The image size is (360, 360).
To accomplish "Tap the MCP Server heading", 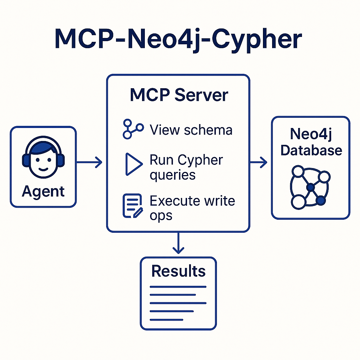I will click(x=179, y=95).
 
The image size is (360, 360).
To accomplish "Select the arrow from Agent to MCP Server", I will click(x=89, y=162).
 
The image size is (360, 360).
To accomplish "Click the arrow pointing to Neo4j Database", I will click(x=258, y=162).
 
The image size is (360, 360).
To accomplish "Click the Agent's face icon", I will click(x=43, y=160).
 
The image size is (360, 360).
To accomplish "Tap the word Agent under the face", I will click(x=43, y=192).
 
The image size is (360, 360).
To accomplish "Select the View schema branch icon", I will click(x=133, y=129).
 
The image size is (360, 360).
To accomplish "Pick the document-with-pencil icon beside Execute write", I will click(x=133, y=206).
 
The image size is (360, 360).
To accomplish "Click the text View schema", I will click(x=191, y=130).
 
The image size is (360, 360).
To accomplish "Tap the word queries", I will click(x=172, y=175).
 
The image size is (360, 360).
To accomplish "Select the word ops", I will click(x=161, y=215).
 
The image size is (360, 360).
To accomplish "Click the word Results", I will click(x=178, y=271).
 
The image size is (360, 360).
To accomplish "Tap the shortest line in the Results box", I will click(x=166, y=320).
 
